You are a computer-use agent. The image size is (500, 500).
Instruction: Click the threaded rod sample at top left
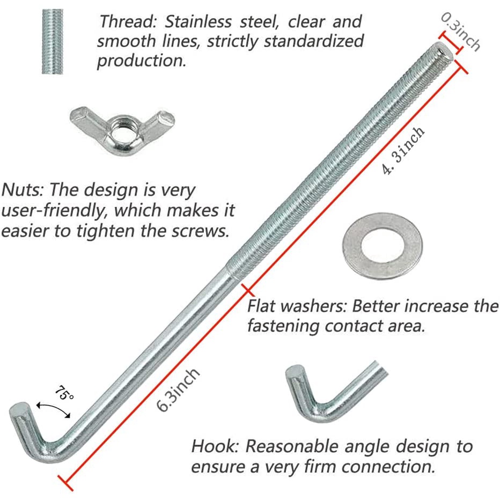point(56,43)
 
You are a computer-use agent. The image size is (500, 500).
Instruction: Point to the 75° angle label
point(63,395)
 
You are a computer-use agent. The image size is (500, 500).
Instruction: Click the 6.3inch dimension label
point(179,389)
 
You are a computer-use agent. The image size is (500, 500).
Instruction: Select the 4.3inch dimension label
point(403,151)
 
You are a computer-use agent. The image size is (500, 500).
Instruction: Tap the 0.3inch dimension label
point(461,32)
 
